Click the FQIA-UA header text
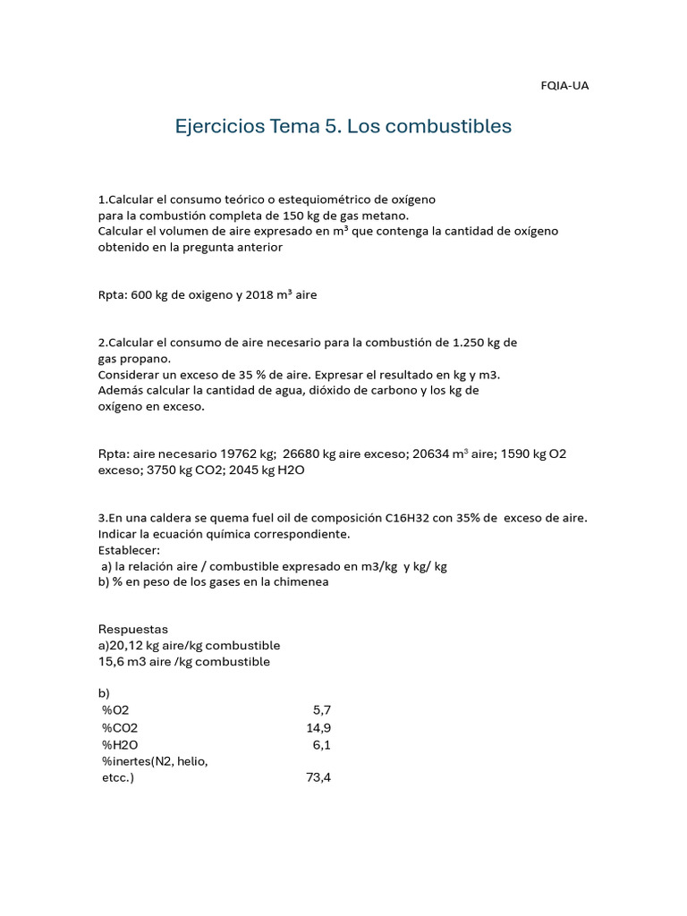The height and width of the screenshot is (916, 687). pyautogui.click(x=564, y=86)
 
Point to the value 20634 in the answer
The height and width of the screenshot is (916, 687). pyautogui.click(x=430, y=454)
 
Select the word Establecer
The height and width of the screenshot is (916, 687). pyautogui.click(x=129, y=550)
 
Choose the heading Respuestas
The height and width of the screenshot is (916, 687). pyautogui.click(x=132, y=630)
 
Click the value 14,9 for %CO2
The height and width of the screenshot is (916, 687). pyautogui.click(x=318, y=727)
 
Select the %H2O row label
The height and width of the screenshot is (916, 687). pyautogui.click(x=120, y=744)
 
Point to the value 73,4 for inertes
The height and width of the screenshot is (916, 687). pyautogui.click(x=318, y=777)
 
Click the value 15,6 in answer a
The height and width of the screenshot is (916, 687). pyautogui.click(x=110, y=662)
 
